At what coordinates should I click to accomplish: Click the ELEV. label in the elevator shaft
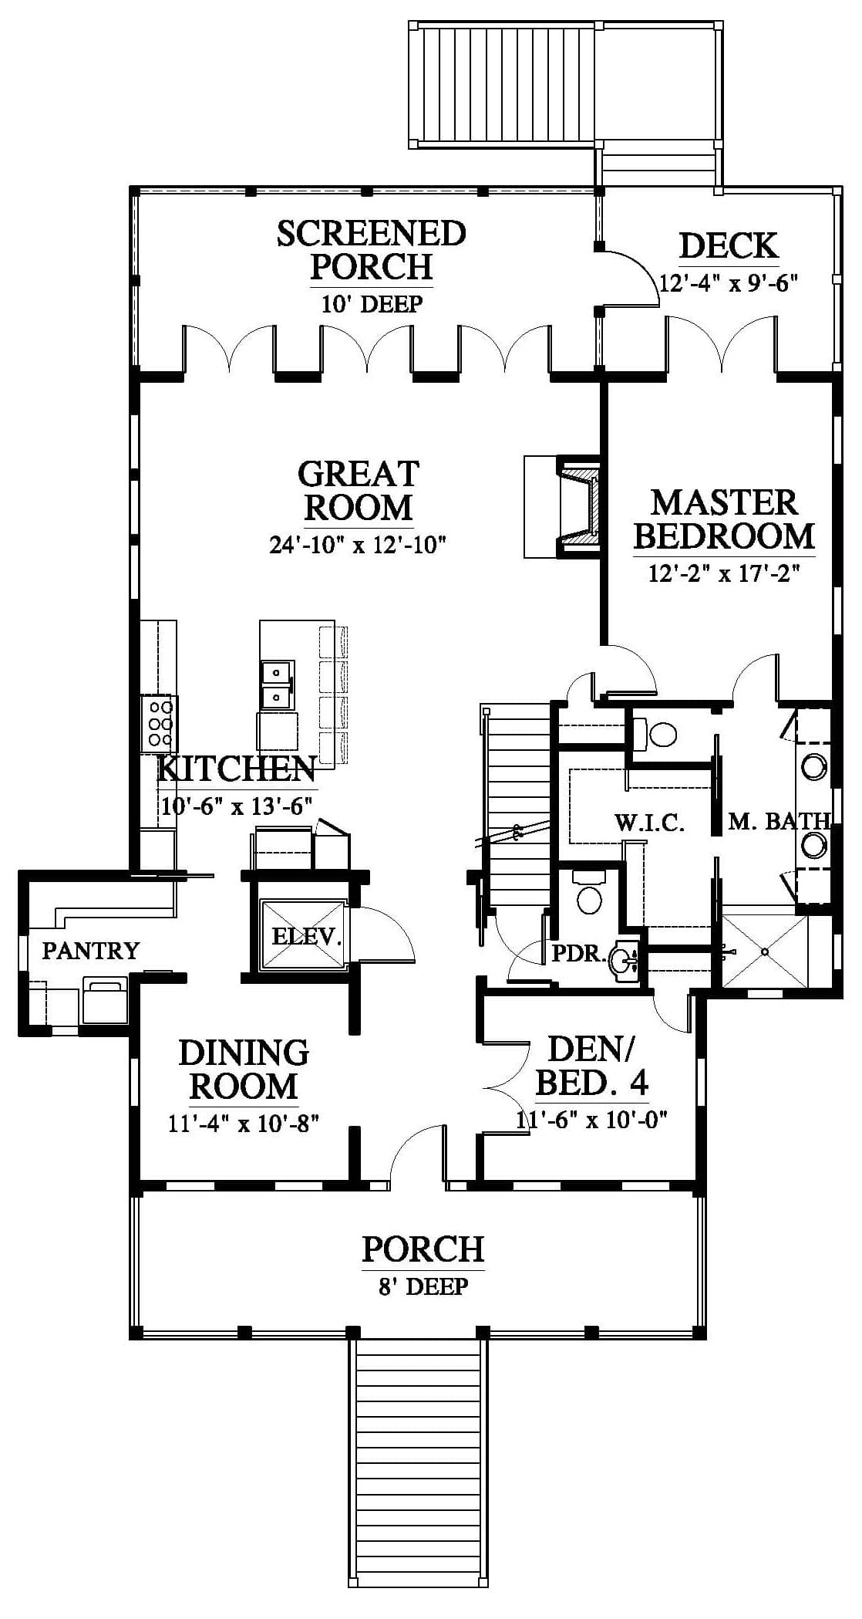point(307,936)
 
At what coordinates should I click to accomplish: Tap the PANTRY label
point(91,950)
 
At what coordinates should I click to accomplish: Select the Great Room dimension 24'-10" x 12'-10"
point(359,546)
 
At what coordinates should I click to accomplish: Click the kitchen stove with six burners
point(159,723)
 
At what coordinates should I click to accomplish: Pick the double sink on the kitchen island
point(277,684)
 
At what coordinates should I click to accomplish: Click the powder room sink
point(623,961)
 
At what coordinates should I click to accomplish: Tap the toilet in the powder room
point(589,894)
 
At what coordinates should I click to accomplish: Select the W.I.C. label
point(650,823)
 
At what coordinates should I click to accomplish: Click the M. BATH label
point(779,822)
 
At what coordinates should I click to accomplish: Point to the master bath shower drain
point(765,951)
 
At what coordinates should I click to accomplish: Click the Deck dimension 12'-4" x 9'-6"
point(728,283)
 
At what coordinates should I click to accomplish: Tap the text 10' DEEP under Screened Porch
point(372,303)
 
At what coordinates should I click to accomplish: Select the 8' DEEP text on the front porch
point(423,1286)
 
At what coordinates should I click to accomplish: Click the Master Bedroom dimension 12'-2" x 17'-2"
point(724,574)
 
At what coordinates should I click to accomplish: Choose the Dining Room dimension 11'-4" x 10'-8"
point(244,1123)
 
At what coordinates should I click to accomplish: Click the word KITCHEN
point(237,769)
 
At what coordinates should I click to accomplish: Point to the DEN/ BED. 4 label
point(591,1066)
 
